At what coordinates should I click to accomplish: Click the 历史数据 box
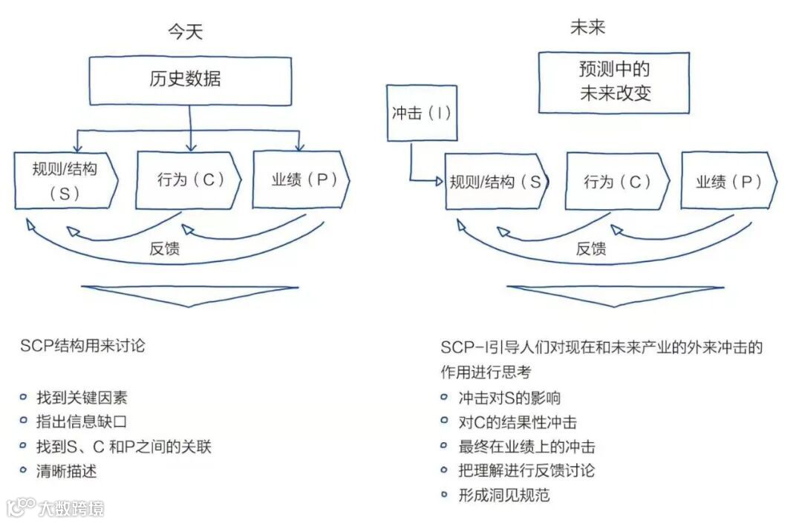point(190,79)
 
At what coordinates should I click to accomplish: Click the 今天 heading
point(185,32)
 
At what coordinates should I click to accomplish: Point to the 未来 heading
point(587,27)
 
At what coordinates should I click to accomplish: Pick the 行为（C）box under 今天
point(189,180)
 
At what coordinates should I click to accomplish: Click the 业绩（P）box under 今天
point(299,180)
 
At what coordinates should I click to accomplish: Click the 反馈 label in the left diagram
point(164,249)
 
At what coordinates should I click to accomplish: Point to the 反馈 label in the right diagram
point(591,249)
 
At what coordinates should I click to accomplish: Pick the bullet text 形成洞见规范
point(504,495)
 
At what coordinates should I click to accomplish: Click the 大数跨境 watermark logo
point(56,508)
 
